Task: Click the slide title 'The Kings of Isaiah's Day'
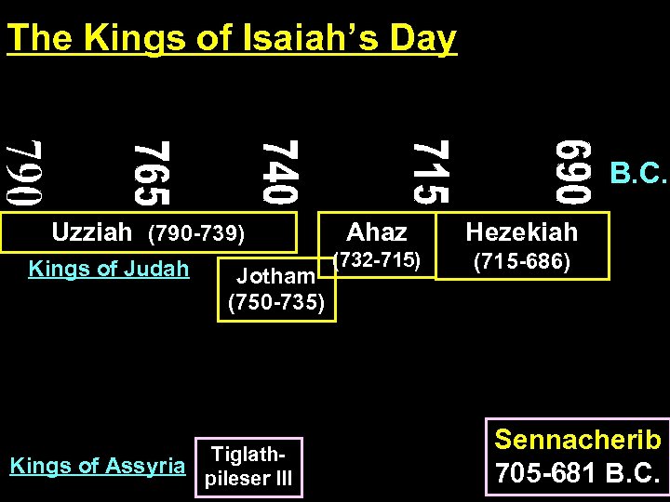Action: (232, 38)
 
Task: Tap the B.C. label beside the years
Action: (638, 174)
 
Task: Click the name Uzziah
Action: (92, 231)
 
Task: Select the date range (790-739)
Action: (196, 231)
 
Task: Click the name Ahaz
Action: (377, 231)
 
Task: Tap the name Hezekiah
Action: (522, 231)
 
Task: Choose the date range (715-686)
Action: (522, 263)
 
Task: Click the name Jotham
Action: (275, 276)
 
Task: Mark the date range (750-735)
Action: (276, 302)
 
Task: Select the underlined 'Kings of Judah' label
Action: (109, 270)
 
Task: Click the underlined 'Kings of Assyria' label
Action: (98, 465)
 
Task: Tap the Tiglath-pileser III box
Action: (249, 466)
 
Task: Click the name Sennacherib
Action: (578, 440)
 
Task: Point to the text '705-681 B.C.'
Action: (578, 473)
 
